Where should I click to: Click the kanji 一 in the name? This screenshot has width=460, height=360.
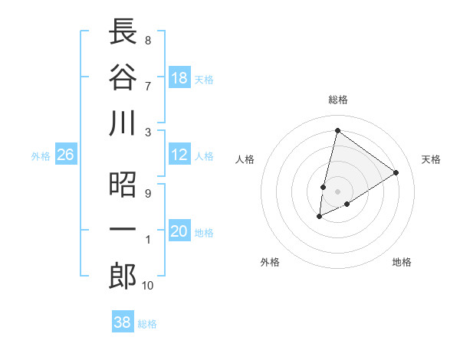tap(123, 231)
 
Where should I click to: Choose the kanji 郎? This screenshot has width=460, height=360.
tap(123, 276)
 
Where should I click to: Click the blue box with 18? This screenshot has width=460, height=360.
tap(179, 79)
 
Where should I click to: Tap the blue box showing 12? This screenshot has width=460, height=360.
tap(179, 155)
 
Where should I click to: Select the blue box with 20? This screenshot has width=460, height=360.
tap(179, 232)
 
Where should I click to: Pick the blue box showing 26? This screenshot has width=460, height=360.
tap(66, 155)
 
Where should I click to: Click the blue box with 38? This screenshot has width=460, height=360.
tap(123, 323)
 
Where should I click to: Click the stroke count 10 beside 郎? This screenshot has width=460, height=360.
tap(147, 286)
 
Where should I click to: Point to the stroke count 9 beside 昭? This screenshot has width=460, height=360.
tap(147, 193)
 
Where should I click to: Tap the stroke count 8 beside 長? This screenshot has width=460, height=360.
tap(147, 40)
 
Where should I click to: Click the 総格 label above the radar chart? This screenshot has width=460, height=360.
tap(337, 100)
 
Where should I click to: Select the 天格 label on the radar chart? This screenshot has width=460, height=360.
tap(432, 159)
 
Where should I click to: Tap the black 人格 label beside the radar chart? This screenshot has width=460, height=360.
tap(245, 159)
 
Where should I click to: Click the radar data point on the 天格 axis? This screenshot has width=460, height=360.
tap(396, 173)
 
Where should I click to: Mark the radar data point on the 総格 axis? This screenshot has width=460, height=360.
tap(337, 130)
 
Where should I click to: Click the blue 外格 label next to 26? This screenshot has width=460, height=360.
tap(41, 156)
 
